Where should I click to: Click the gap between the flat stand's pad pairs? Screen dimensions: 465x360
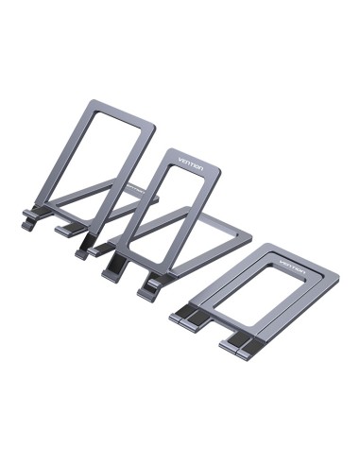(x=214, y=331)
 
